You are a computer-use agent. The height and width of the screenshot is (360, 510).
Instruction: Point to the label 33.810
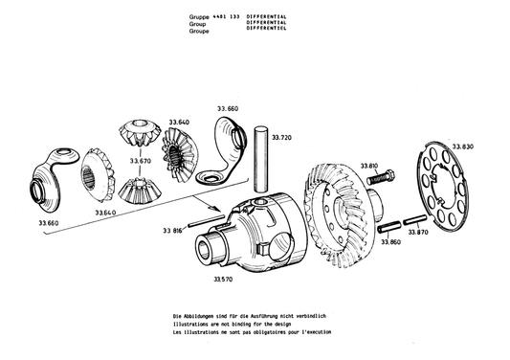pos(371,166)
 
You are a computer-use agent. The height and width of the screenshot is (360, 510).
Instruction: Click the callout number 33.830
pos(462,146)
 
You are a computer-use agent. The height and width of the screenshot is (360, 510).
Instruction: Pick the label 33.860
pos(390,243)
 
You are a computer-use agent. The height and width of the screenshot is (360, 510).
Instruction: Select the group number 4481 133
pos(227,17)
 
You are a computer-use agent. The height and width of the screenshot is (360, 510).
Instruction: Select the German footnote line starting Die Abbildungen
pos(252,317)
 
